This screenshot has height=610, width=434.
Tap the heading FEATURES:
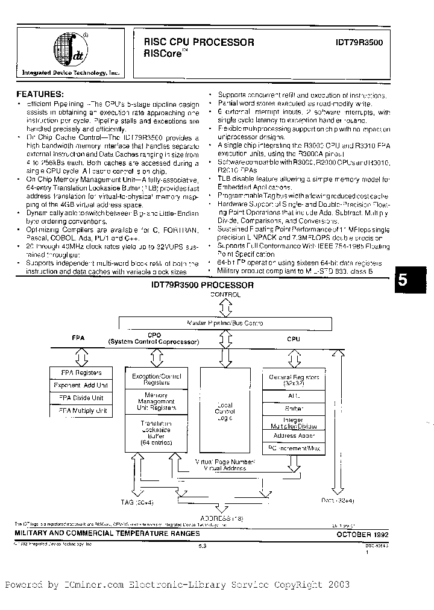(39, 94)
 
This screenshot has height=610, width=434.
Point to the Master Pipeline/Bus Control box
(225, 323)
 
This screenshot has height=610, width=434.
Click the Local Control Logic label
(225, 412)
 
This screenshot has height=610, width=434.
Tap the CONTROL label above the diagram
(225, 295)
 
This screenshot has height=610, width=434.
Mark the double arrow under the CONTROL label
(225, 308)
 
